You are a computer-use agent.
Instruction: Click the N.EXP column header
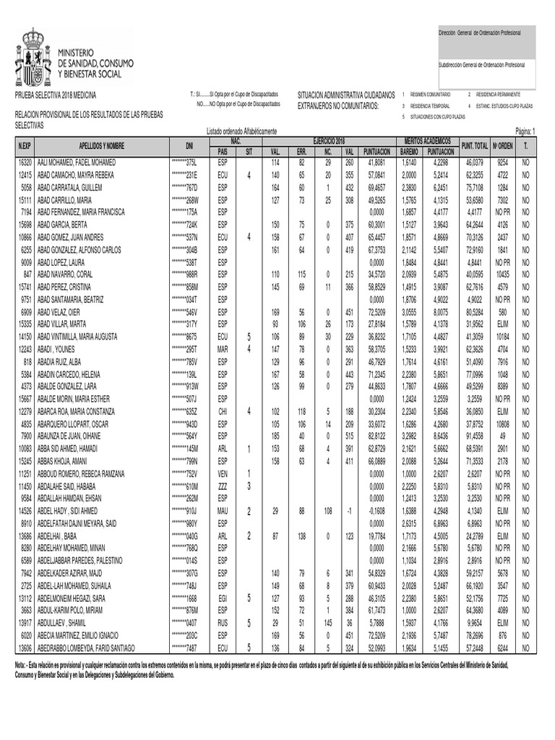pyautogui.click(x=25, y=145)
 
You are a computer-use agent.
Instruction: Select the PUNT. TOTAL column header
pyautogui.click(x=474, y=145)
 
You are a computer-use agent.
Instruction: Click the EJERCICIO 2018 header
pyautogui.click(x=329, y=139)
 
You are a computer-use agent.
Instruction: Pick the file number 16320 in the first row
pyautogui.click(x=25, y=163)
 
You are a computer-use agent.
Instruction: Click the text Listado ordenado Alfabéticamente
pyautogui.click(x=241, y=132)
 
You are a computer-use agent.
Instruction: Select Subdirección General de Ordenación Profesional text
pyautogui.click(x=481, y=65)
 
